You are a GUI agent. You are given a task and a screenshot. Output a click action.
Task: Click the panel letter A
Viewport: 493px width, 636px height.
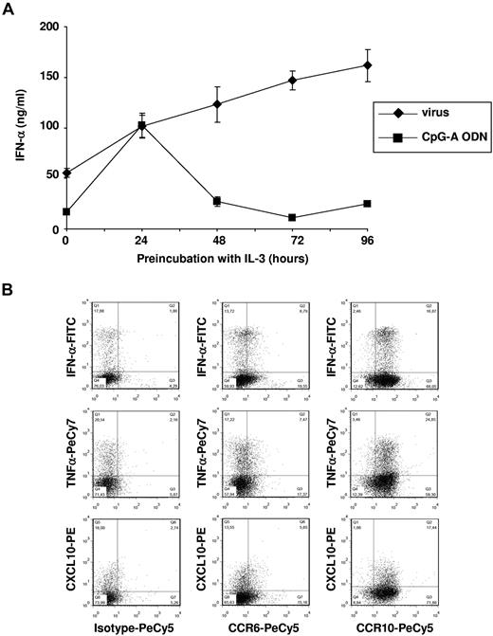(9, 8)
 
